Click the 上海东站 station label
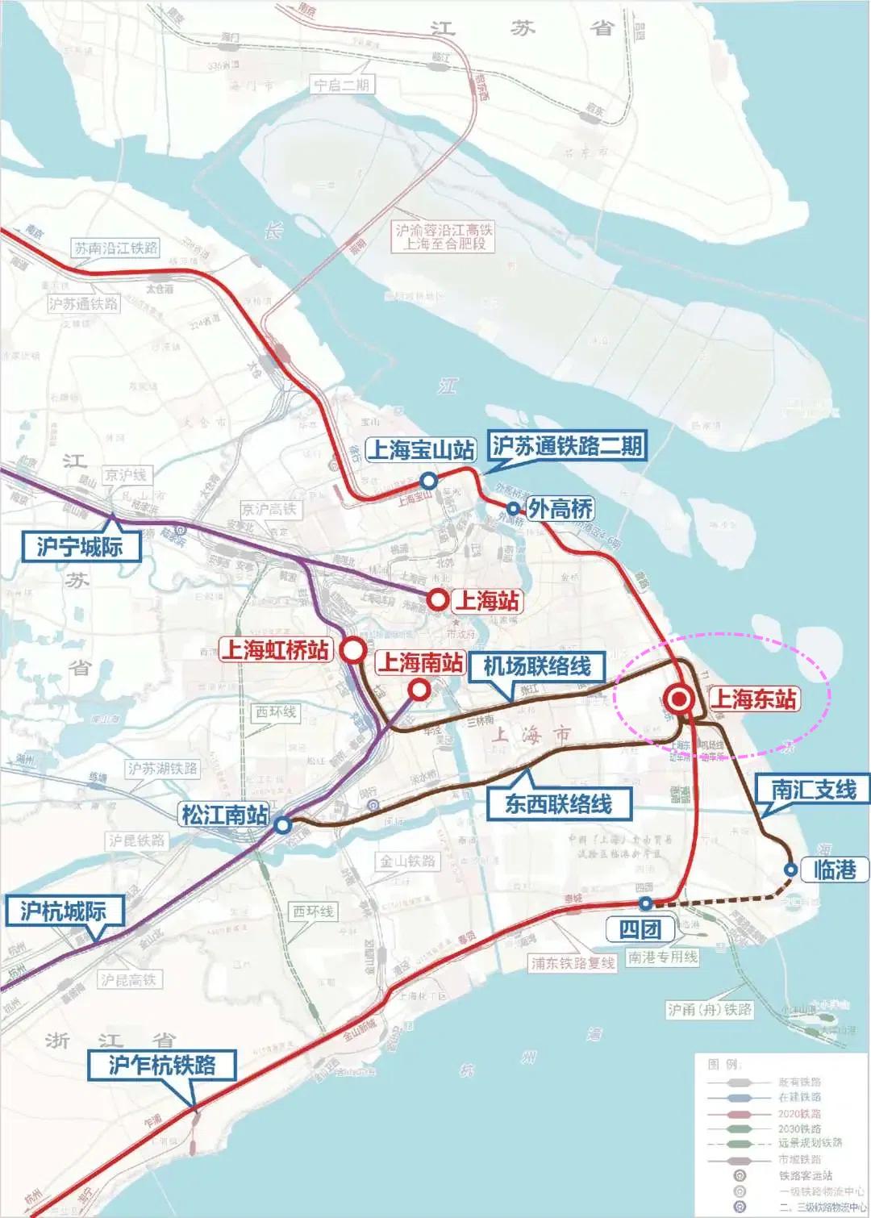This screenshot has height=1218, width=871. [753, 699]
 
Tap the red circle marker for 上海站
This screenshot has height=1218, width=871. [438, 599]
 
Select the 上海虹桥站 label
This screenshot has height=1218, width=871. [275, 649]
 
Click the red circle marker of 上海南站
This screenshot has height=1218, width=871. [419, 690]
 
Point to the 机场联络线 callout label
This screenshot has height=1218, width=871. [537, 666]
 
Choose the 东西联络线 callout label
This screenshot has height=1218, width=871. [558, 803]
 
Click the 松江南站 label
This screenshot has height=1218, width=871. [224, 814]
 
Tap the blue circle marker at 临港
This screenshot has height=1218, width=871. [790, 870]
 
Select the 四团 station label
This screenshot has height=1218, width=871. [640, 929]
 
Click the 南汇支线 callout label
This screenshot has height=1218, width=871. [813, 789]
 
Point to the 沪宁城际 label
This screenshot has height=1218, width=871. [79, 547]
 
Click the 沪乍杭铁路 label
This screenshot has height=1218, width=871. [162, 1065]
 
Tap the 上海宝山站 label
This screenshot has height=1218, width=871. [420, 449]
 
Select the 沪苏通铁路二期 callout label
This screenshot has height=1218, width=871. [568, 446]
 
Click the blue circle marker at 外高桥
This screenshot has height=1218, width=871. [512, 508]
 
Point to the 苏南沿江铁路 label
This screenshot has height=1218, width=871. [116, 248]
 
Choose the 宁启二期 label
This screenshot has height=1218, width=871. [344, 85]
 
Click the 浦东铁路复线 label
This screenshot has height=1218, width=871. [573, 963]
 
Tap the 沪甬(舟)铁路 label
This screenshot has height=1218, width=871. [710, 1009]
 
